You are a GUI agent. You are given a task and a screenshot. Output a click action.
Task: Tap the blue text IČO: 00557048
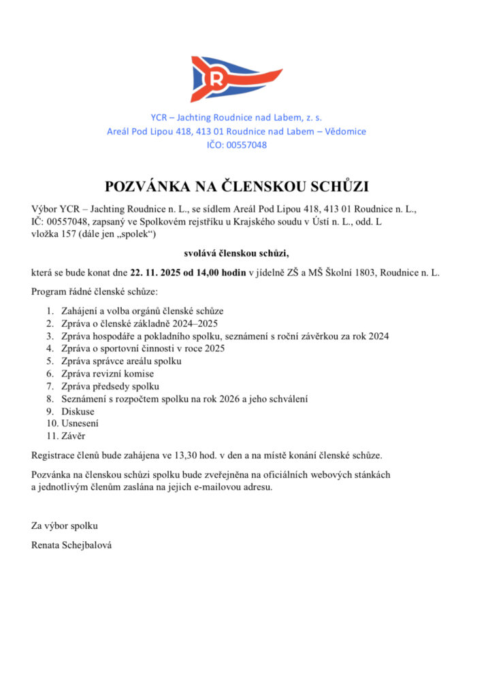(x=236, y=145)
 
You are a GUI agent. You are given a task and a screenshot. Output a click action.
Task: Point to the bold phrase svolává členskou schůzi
(x=236, y=253)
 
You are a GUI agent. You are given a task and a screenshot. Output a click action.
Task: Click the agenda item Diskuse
(x=78, y=411)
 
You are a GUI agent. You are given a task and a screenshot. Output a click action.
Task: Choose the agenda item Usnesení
(x=80, y=423)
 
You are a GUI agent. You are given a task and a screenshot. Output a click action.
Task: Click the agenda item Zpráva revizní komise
(x=108, y=373)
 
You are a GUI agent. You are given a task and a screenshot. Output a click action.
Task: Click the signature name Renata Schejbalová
(x=71, y=545)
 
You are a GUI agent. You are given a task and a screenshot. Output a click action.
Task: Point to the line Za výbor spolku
(x=65, y=526)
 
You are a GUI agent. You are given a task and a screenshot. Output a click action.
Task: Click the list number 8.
(x=50, y=398)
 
